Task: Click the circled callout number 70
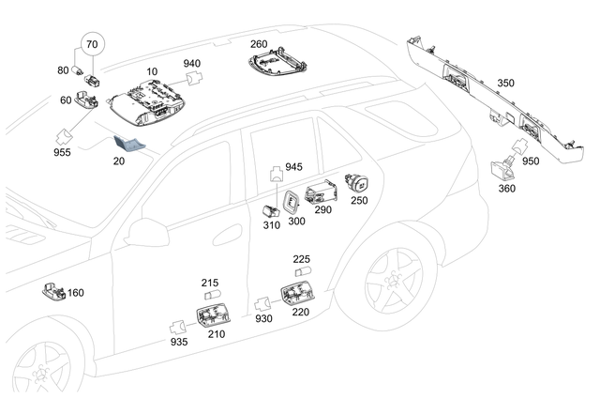[x=91, y=45]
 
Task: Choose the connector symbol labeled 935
[x=176, y=326]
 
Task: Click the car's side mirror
[x=146, y=232]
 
